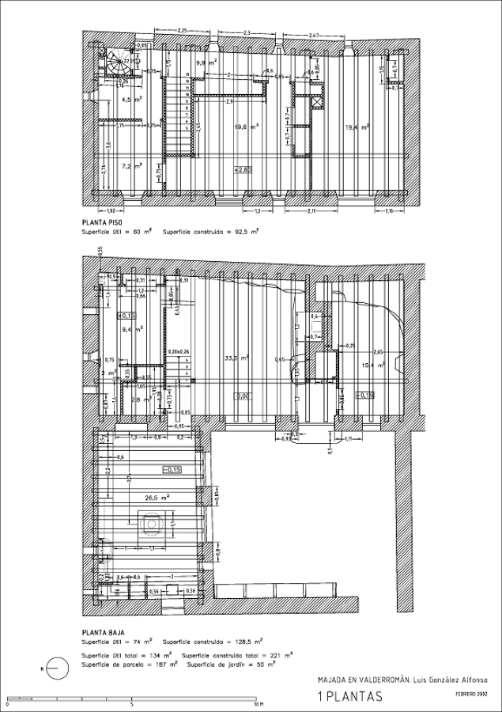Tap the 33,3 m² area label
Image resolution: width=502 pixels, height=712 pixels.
point(237,358)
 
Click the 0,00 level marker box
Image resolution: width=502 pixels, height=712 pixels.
point(242,395)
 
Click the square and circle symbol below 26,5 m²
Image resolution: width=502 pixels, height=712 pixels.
point(151,522)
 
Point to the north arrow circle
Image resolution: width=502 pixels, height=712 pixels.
point(54,669)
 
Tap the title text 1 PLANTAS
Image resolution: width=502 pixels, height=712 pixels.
point(349,696)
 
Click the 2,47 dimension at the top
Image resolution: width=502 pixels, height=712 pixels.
point(314,36)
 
